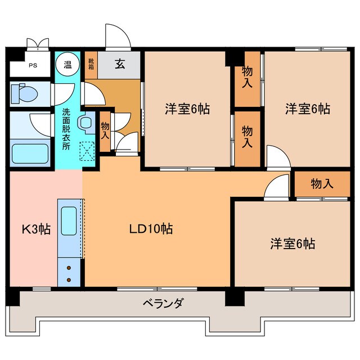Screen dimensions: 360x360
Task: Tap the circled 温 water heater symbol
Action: pyautogui.click(x=67, y=64)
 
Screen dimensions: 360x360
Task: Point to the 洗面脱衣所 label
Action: pyautogui.click(x=66, y=128)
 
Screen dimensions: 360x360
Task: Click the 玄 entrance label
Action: pyautogui.click(x=120, y=64)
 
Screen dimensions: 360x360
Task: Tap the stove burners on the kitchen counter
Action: pyautogui.click(x=69, y=274)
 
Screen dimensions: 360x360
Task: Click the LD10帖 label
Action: pyautogui.click(x=151, y=229)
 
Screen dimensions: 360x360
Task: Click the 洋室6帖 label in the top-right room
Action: pyautogui.click(x=307, y=109)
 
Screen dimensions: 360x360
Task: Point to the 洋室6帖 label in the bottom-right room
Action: pyautogui.click(x=292, y=244)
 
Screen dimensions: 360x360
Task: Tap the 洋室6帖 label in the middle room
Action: pyautogui.click(x=187, y=109)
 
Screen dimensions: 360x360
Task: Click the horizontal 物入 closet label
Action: pyautogui.click(x=322, y=183)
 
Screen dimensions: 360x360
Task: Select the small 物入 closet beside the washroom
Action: pyautogui.click(x=105, y=132)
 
